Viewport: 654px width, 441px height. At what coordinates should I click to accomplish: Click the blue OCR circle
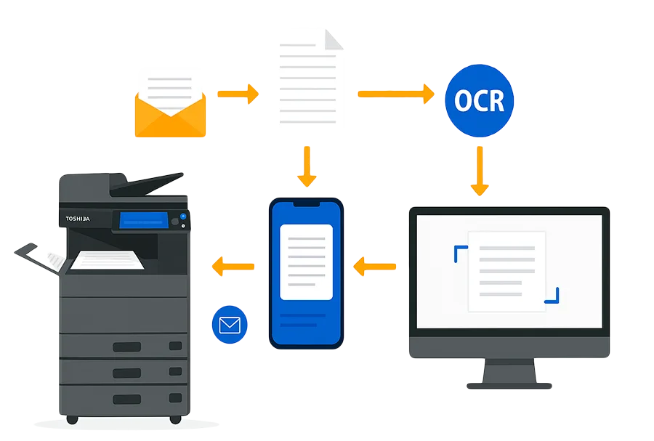pyautogui.click(x=479, y=101)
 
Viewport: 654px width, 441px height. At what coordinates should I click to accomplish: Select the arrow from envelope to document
pyautogui.click(x=238, y=94)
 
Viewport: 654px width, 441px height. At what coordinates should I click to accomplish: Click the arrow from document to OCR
pyautogui.click(x=395, y=93)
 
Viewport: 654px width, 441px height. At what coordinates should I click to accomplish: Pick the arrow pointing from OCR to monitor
pyautogui.click(x=479, y=171)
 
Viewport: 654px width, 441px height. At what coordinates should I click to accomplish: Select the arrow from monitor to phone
pyautogui.click(x=375, y=267)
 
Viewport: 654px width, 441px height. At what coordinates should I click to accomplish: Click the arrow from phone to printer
pyautogui.click(x=233, y=267)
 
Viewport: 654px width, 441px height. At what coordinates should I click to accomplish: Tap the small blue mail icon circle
pyautogui.click(x=230, y=325)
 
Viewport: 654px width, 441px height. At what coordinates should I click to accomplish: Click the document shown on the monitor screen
pyautogui.click(x=506, y=271)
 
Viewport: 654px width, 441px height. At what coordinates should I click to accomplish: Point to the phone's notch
pyautogui.click(x=306, y=204)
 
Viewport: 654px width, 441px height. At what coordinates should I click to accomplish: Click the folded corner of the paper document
pyautogui.click(x=334, y=36)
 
